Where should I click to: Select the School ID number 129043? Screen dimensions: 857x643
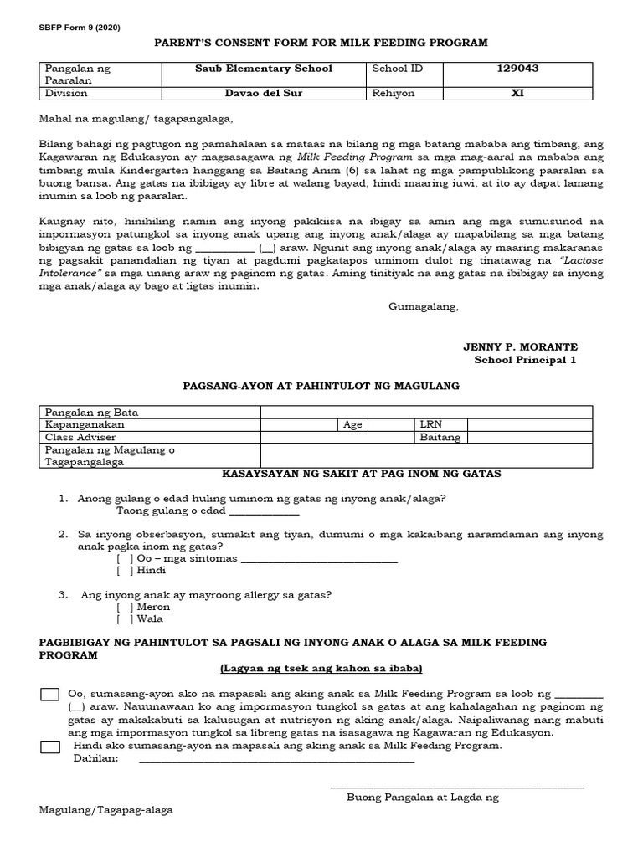(517, 69)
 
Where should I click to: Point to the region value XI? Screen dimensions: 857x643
(517, 94)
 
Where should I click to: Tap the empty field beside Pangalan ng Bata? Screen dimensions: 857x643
(427, 412)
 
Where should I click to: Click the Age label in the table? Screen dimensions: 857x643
(352, 424)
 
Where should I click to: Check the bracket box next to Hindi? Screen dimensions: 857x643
(125, 571)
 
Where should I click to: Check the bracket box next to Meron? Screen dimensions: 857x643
(125, 607)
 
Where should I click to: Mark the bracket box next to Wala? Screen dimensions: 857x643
(125, 619)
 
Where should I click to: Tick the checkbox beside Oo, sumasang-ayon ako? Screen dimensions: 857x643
(49, 695)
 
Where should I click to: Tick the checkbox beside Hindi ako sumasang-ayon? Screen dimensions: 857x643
(49, 746)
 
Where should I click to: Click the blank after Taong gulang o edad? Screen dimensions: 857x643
(264, 511)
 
